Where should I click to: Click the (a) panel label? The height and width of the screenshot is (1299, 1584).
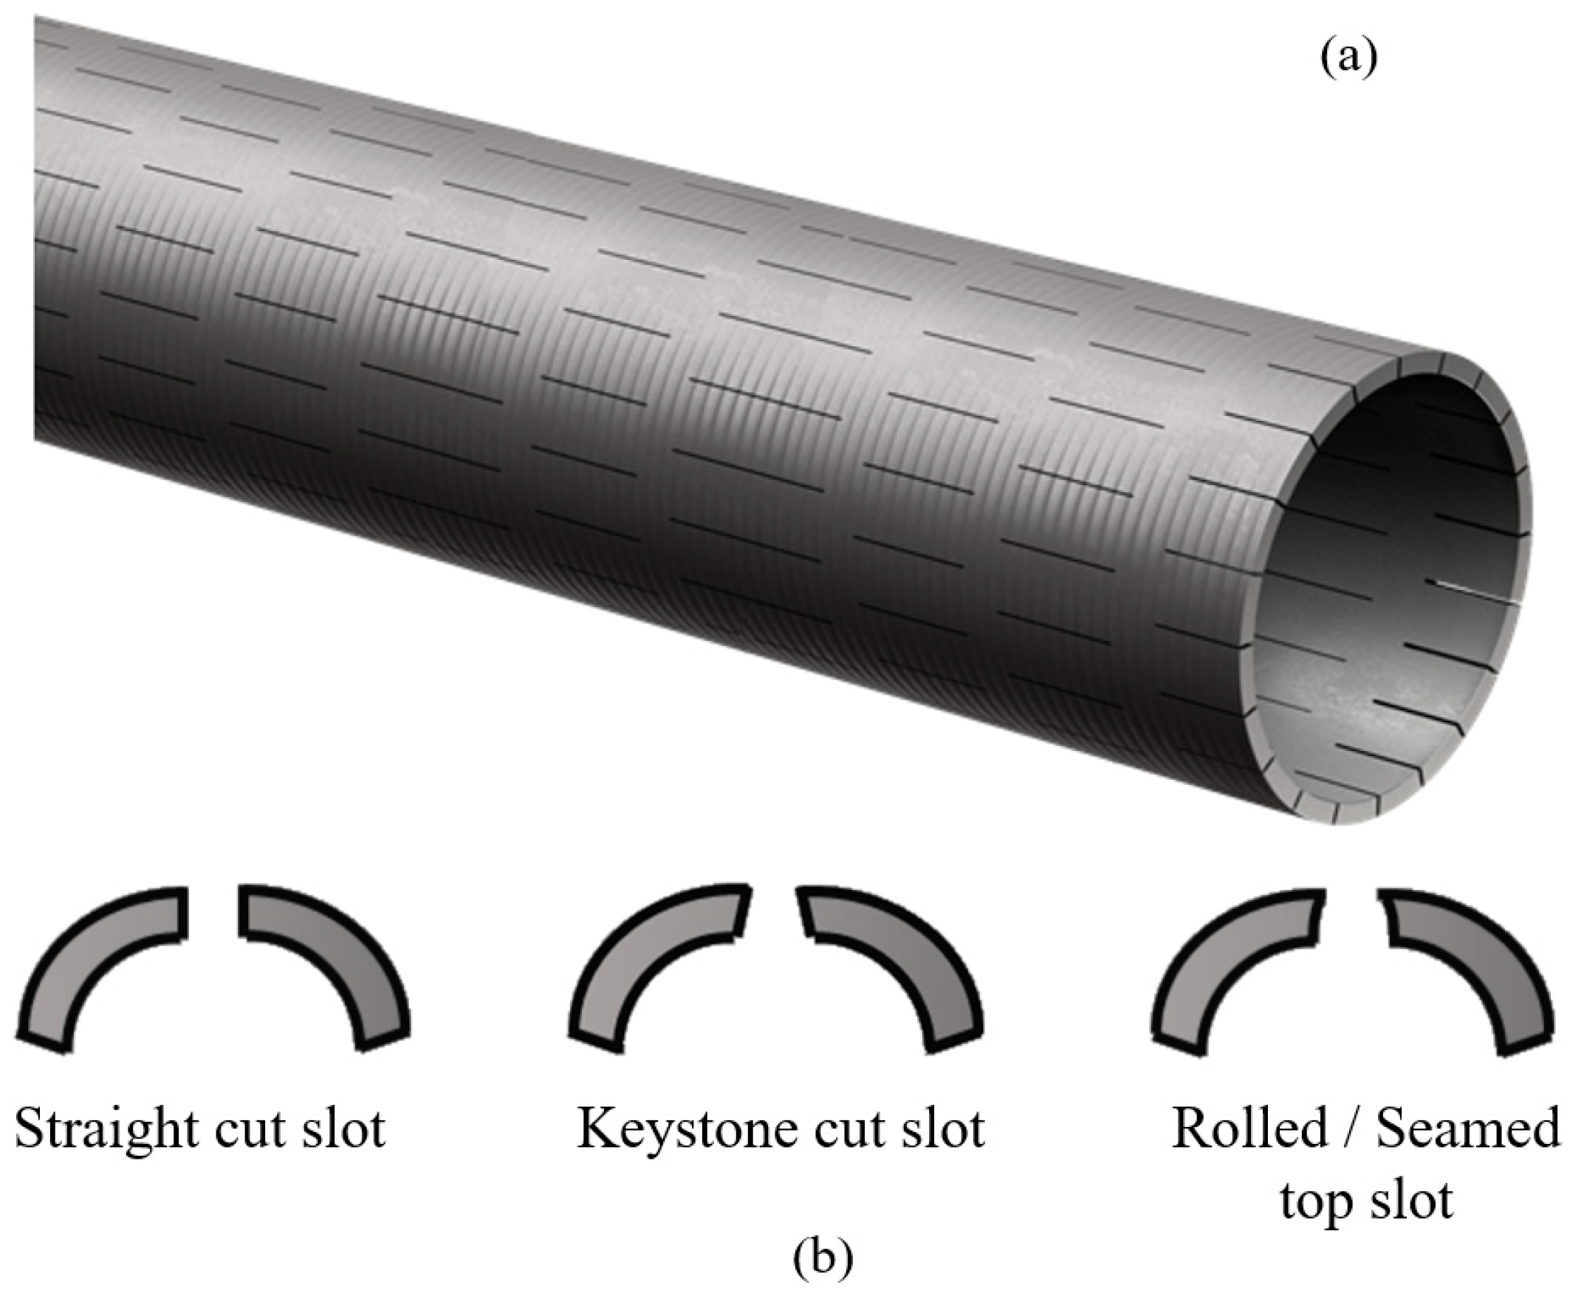[1347, 58]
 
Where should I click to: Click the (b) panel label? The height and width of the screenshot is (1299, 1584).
[822, 1260]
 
